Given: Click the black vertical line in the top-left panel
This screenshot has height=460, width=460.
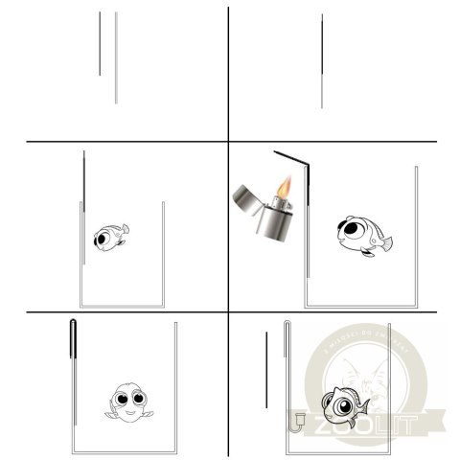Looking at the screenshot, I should pos(100,43).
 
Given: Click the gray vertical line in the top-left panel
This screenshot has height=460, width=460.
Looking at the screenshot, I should pos(116,57).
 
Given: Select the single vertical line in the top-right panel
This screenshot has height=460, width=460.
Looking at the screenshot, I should pos(322,62).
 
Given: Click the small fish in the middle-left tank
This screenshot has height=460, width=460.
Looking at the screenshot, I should pos(108,236).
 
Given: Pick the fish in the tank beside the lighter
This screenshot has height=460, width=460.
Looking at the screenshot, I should pos(361,233).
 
